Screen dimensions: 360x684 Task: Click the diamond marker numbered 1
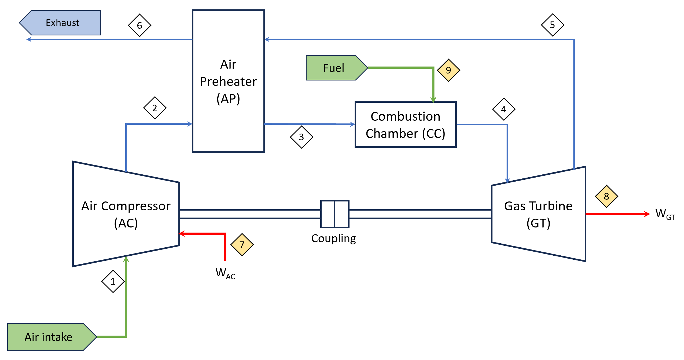coord(113,281)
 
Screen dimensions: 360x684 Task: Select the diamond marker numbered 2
coord(155,108)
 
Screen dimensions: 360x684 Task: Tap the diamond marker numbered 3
coord(301,137)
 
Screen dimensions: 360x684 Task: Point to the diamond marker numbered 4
coord(504,109)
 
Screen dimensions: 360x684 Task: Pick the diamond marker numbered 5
coord(552,25)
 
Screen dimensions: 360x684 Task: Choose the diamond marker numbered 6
coord(139,25)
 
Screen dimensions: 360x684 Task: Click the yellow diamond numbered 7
coord(242,245)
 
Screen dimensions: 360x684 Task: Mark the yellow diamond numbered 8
coord(606,196)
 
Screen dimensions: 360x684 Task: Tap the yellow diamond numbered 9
coord(448,70)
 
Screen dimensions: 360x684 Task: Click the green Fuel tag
coord(334,68)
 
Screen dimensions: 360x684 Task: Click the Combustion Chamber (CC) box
coord(405,125)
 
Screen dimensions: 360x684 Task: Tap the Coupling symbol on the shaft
coord(335,214)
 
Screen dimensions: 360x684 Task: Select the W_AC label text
coord(225,273)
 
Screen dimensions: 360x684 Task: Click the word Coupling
coord(333,238)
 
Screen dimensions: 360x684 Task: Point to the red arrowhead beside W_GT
coord(647,214)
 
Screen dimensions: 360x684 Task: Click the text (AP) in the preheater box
coord(228,99)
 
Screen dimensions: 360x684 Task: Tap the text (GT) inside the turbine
coord(538,223)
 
